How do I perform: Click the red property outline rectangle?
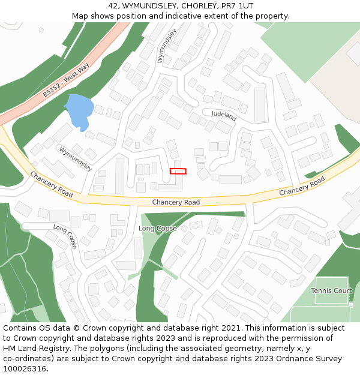178,171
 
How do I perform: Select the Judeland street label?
224,116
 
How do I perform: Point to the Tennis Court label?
331,291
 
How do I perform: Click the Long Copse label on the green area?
157,229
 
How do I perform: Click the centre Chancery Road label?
176,203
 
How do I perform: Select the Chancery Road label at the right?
302,186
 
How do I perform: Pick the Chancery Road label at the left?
51,184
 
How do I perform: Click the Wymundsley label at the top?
167,46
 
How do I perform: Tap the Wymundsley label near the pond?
75,158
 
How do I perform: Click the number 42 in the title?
113,6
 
